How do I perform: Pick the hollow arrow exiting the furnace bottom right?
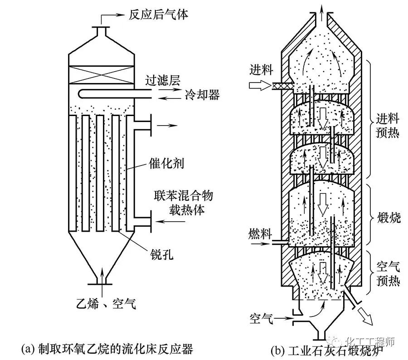(x=363, y=314)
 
